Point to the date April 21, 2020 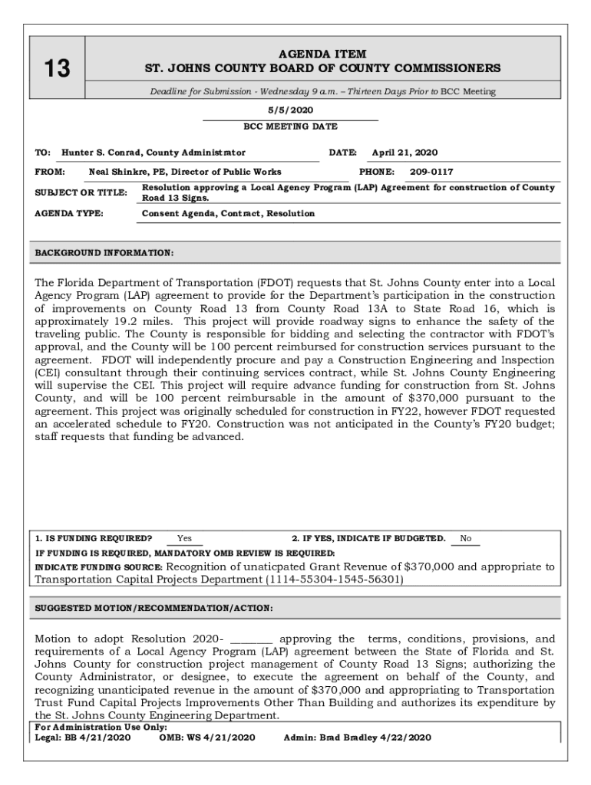(x=404, y=153)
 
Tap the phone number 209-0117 (x=431, y=172)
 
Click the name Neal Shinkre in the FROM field (x=117, y=172)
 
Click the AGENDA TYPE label (x=69, y=214)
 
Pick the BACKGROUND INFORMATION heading (x=104, y=253)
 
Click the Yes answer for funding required (x=184, y=539)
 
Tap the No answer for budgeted (x=465, y=539)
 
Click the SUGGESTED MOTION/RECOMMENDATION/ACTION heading (x=154, y=609)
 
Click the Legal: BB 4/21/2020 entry (x=83, y=737)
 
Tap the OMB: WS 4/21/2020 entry (x=206, y=737)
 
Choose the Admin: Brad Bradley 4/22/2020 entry (x=357, y=737)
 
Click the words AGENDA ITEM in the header (x=323, y=54)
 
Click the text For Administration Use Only (x=101, y=727)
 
